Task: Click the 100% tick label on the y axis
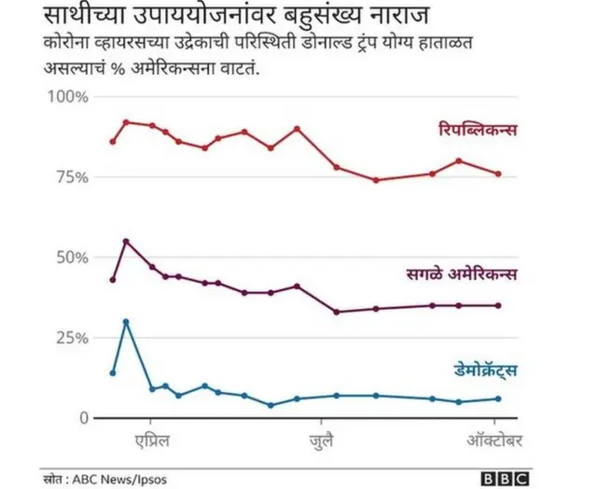coord(67,98)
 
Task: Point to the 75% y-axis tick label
coord(71,177)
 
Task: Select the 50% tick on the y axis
coord(71,258)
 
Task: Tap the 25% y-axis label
coord(71,338)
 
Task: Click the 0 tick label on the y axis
coord(82,418)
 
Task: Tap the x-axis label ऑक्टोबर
coord(493,439)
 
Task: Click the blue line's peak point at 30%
coord(126,322)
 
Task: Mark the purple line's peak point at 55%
coord(126,242)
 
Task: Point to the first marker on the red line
coord(113,142)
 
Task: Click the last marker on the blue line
coord(498,398)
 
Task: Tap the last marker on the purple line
coord(498,305)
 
